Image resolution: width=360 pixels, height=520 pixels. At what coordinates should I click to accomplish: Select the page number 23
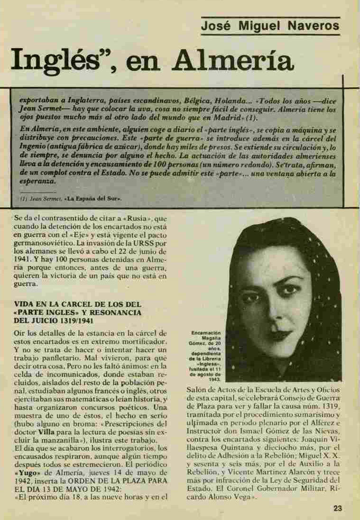[x=337, y=508]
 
